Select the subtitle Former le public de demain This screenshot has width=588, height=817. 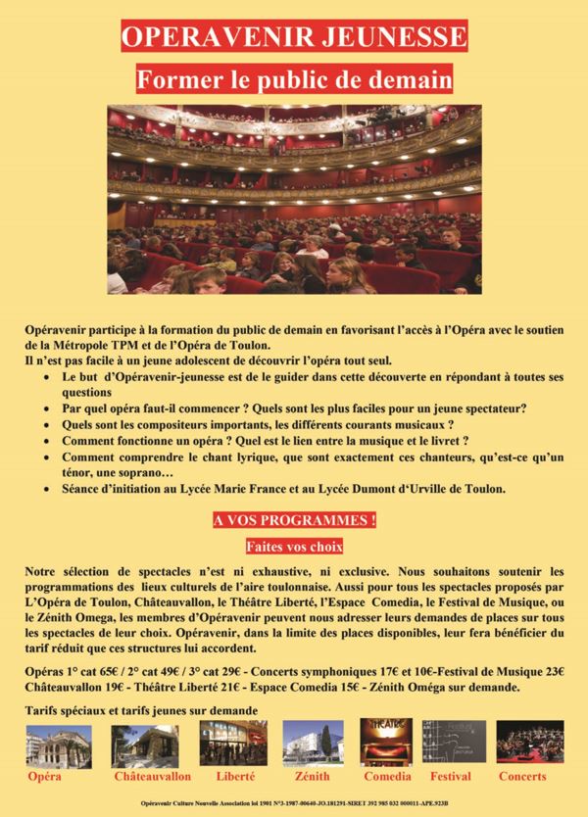click(x=294, y=75)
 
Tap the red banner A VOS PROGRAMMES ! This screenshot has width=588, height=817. click(x=294, y=519)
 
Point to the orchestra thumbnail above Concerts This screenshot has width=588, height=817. click(x=528, y=744)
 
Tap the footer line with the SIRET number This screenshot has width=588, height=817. click(x=294, y=801)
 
